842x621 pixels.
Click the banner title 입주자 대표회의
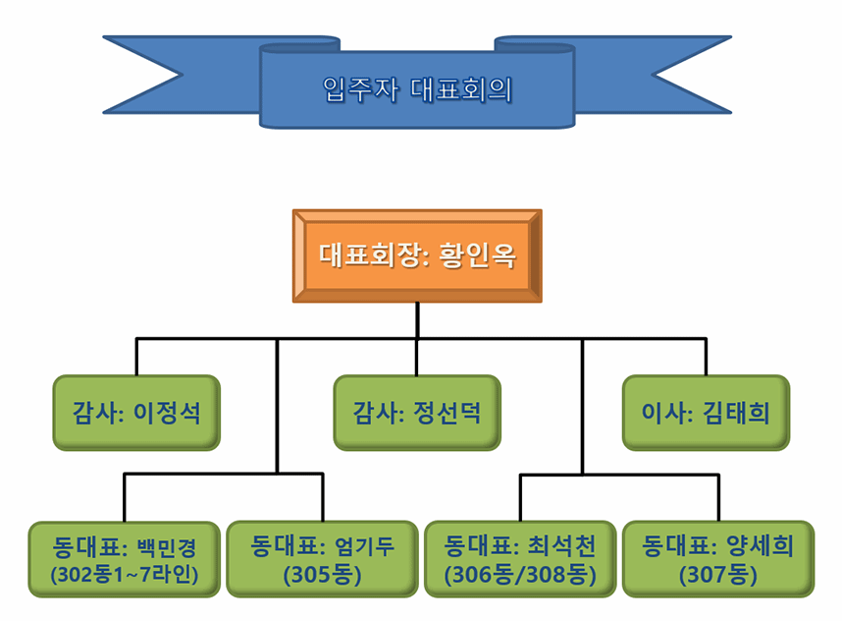tap(417, 89)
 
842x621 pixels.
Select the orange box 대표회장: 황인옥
tap(417, 255)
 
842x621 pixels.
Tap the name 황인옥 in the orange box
tap(478, 255)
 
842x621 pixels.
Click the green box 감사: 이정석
tap(136, 413)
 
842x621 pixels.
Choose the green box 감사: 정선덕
tap(417, 413)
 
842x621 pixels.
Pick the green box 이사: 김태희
tap(707, 413)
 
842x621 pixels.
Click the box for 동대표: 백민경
tap(124, 560)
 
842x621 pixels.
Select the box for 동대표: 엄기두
tap(322, 559)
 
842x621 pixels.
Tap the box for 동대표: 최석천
tap(520, 559)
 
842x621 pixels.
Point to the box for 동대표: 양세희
tap(718, 559)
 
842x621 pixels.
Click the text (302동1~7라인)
tap(124, 575)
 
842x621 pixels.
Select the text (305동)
tap(322, 575)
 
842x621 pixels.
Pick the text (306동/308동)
tap(520, 575)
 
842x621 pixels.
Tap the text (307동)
tap(718, 575)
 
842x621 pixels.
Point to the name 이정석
tap(167, 413)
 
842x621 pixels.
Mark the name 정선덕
tap(447, 413)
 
